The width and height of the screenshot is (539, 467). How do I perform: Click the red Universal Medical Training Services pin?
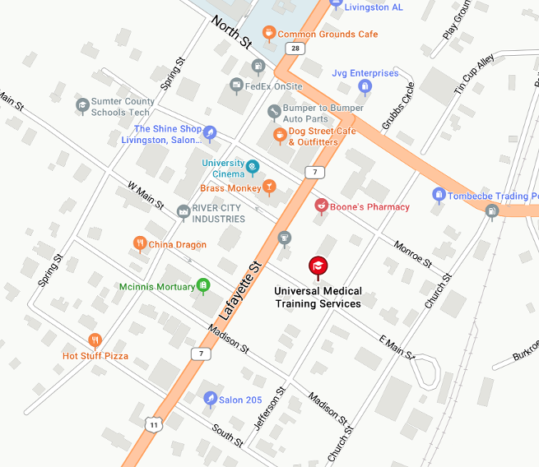click(318, 266)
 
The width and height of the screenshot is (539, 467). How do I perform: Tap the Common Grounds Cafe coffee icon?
click(268, 34)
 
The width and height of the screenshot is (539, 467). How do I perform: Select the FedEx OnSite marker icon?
click(237, 86)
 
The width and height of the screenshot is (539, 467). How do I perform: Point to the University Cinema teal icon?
click(253, 168)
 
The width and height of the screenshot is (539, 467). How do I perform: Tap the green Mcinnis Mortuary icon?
click(202, 286)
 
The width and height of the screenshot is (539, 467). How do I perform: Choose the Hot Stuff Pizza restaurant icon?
click(95, 340)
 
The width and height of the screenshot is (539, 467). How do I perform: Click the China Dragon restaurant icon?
click(140, 243)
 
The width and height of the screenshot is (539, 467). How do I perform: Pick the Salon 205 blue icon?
click(211, 399)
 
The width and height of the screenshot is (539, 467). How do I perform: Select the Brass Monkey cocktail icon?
click(268, 188)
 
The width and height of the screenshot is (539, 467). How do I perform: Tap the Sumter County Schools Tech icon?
click(82, 105)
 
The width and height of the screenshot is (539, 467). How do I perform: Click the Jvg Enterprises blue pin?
click(365, 86)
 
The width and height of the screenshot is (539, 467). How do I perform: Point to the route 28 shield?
click(295, 49)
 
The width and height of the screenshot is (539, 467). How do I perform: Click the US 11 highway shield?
click(153, 424)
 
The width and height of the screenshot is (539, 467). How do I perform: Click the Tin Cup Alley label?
click(474, 75)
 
